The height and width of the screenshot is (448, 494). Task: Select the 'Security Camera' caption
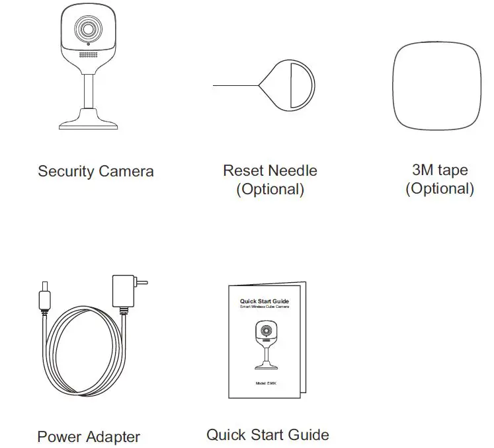point(95,172)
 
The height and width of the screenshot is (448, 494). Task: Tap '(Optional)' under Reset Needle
point(270,190)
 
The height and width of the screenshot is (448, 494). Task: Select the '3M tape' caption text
point(439,170)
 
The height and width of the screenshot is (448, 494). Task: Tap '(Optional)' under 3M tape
point(439,189)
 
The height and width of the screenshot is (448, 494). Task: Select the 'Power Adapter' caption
point(89,437)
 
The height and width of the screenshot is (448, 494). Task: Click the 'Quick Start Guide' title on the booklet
point(264,301)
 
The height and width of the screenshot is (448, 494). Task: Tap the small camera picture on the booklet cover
point(266,344)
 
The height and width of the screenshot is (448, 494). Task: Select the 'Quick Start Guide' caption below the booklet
point(267,435)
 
